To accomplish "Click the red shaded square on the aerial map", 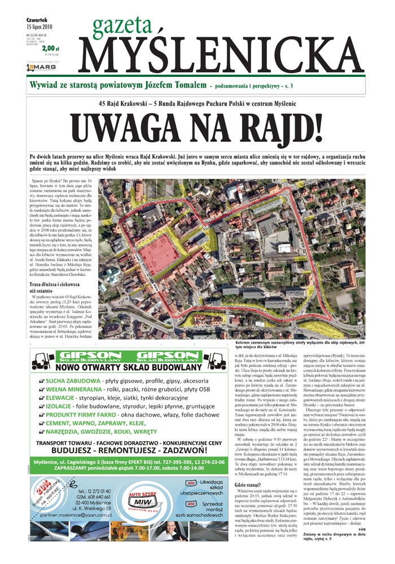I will (x=157, y=251).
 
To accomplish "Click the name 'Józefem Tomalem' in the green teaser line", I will (x=171, y=85).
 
